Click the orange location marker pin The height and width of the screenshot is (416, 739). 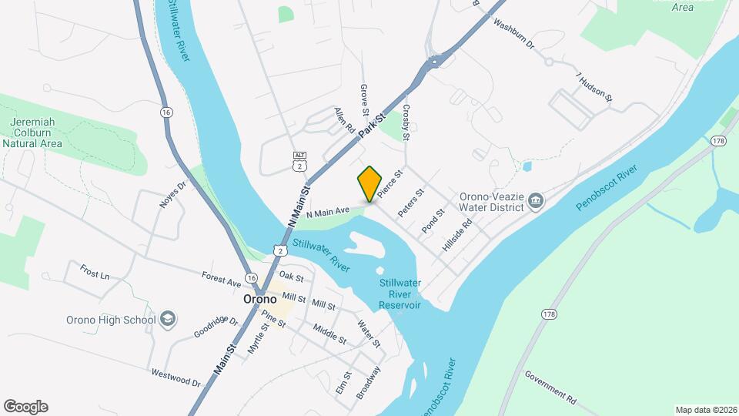tap(370, 183)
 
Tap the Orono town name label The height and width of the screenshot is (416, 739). tap(260, 299)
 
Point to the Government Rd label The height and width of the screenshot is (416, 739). tap(550, 385)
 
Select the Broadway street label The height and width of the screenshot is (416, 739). tap(369, 381)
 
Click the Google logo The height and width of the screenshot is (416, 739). tap(25, 406)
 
